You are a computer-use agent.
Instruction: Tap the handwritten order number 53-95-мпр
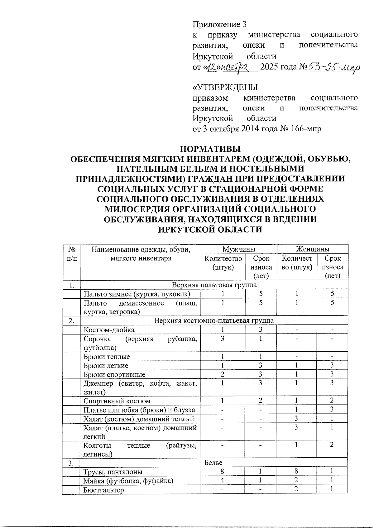click(333, 67)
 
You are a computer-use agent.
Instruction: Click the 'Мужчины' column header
click(239, 249)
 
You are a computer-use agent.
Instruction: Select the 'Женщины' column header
click(313, 249)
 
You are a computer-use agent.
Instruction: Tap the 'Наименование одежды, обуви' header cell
click(141, 249)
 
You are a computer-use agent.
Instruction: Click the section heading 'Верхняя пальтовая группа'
click(214, 285)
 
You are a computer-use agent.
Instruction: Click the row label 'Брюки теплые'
click(107, 357)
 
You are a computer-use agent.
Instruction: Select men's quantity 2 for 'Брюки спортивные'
click(223, 374)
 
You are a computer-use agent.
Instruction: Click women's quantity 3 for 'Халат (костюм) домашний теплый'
click(297, 418)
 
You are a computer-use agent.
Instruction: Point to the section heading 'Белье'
click(213, 463)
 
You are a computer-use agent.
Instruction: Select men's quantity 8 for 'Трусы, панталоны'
click(222, 471)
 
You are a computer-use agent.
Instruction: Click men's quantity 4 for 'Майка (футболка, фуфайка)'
click(222, 480)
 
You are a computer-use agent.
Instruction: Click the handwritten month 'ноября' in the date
click(234, 68)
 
